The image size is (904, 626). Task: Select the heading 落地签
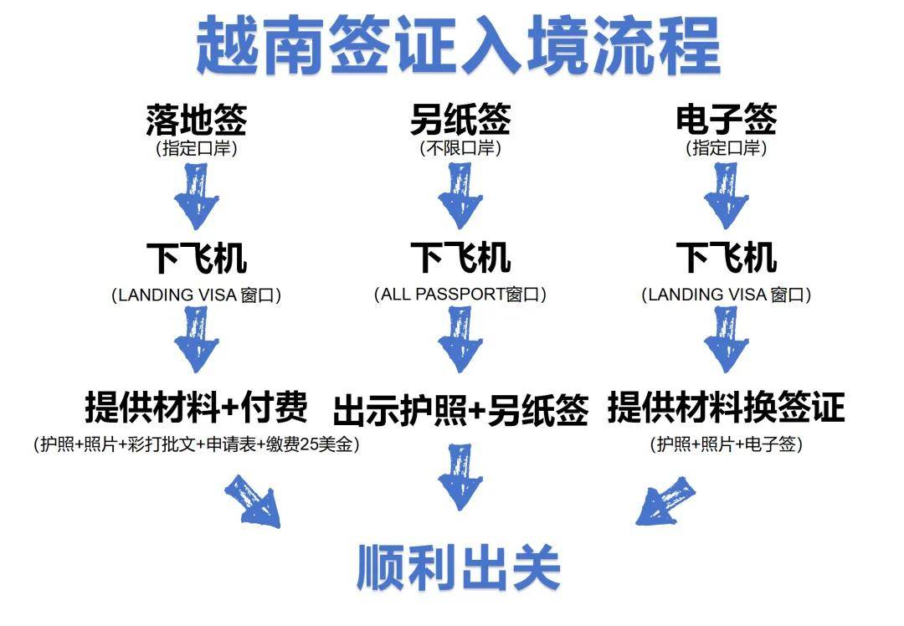[197, 119]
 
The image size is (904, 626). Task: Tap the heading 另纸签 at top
[460, 119]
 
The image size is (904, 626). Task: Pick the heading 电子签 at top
[726, 119]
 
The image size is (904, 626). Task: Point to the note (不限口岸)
[460, 149]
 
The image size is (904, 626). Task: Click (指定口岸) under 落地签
[197, 149]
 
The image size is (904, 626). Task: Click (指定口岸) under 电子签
[726, 149]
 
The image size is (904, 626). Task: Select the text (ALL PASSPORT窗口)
[460, 295]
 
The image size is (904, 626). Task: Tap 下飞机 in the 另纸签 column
[460, 257]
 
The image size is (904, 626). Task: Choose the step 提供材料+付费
[197, 408]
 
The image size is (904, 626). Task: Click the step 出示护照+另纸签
[460, 410]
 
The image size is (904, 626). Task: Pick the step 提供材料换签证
[726, 408]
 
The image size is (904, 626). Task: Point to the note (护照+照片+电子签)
[726, 445]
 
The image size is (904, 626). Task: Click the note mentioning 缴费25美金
[197, 445]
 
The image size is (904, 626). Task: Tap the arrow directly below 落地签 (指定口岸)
[197, 198]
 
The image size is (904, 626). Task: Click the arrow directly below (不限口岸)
[460, 198]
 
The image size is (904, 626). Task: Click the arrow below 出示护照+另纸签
[460, 477]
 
